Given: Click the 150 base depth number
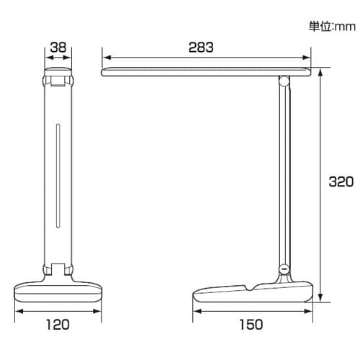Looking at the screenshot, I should click(x=251, y=325).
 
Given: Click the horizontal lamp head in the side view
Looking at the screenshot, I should click(x=206, y=71).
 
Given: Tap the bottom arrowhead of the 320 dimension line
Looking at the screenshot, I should click(x=320, y=299).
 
